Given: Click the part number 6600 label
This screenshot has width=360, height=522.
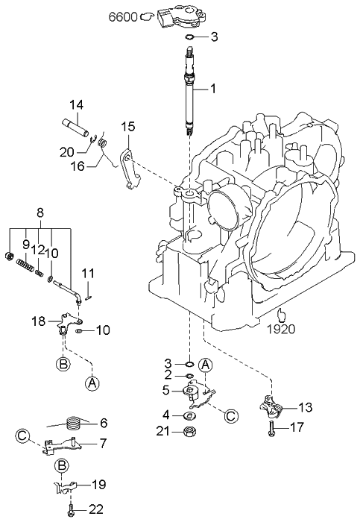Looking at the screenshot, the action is (x=123, y=16).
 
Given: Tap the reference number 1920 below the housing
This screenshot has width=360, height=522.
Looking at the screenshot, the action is (x=281, y=329).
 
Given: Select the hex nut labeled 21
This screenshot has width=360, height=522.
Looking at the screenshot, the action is (x=190, y=432).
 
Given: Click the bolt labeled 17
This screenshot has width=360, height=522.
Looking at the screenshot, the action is (x=271, y=428).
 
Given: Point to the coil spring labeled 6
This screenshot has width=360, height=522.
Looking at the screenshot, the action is (x=75, y=423).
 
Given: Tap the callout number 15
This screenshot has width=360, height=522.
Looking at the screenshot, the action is (x=128, y=127).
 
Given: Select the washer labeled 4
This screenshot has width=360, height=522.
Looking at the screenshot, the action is (x=190, y=415).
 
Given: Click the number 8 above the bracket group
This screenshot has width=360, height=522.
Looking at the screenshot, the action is (x=40, y=213).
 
